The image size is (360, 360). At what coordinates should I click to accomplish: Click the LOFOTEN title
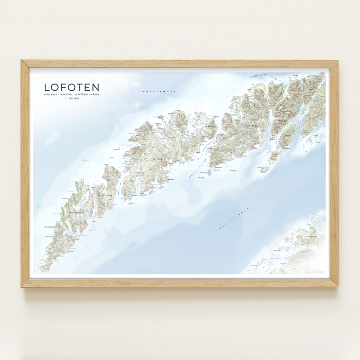tap(72, 87)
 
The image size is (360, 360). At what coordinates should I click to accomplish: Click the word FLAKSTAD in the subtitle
tap(66, 94)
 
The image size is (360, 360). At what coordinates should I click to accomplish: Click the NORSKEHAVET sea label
tap(161, 92)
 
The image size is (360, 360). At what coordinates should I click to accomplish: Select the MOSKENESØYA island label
tap(77, 212)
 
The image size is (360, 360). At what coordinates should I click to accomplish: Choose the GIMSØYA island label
tap(209, 127)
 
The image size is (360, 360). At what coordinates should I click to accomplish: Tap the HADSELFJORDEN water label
tap(258, 76)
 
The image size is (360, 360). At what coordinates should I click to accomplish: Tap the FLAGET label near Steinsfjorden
tap(111, 157)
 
